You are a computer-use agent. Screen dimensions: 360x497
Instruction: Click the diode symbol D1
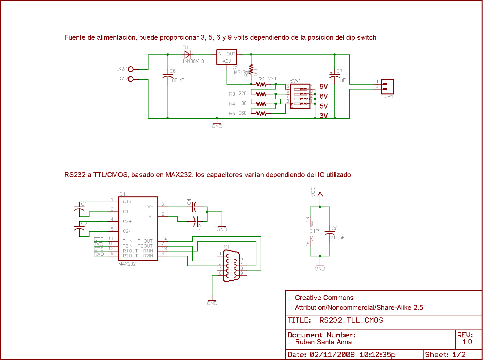point(188,55)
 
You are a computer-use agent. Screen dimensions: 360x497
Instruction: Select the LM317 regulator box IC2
point(227,57)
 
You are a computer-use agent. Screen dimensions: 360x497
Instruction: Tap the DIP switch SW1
point(300,96)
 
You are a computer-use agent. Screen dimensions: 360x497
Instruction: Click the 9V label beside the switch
point(324,87)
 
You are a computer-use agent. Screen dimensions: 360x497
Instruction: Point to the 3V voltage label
point(324,116)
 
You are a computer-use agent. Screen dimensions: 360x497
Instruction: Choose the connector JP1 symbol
point(387,87)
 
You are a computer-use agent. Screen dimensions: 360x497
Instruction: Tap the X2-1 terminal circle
point(131,69)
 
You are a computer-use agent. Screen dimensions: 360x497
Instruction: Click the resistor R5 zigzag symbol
point(261,113)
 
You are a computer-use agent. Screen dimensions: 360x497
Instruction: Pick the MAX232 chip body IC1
point(138,229)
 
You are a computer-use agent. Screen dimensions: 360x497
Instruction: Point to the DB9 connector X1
point(231,266)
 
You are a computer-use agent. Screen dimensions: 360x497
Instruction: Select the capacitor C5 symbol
point(329,233)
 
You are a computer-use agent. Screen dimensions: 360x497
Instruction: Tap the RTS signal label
point(99,239)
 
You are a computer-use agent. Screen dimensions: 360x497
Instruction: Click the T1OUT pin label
point(145,241)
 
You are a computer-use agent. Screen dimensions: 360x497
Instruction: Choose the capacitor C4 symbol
point(194,207)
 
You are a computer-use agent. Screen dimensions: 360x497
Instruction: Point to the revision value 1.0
point(467,342)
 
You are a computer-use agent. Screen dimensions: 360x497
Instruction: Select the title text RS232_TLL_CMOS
point(351,320)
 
